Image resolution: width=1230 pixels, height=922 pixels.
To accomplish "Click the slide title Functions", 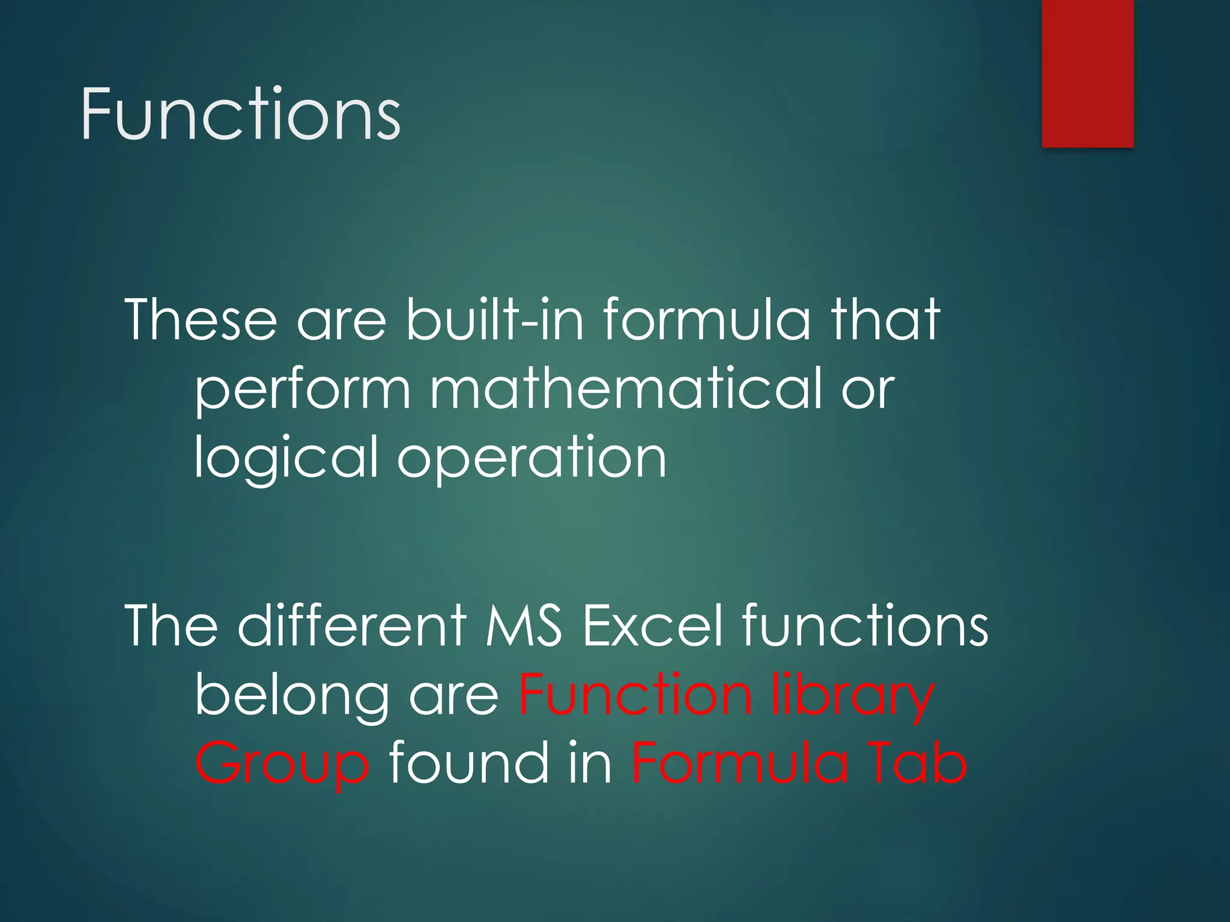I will tap(240, 114).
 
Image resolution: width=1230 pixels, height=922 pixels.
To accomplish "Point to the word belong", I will tap(291, 696).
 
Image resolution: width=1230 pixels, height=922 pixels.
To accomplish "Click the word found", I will tap(468, 764).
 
